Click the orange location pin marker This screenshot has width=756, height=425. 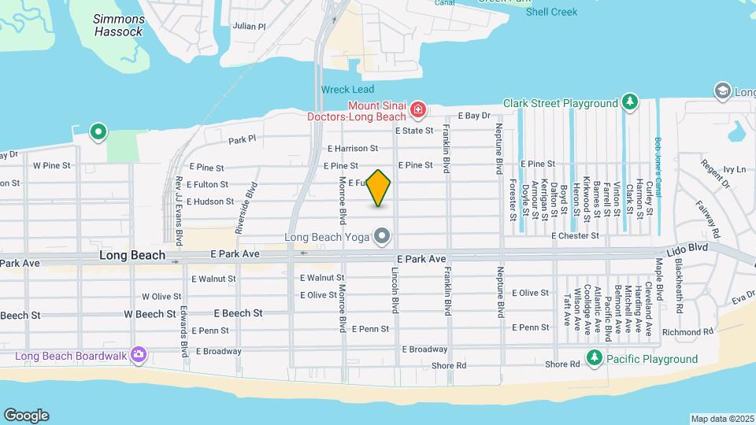click(379, 187)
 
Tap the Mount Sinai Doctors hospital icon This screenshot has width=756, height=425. click(418, 108)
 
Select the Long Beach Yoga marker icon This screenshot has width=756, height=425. click(383, 236)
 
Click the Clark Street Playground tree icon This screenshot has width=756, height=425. click(629, 102)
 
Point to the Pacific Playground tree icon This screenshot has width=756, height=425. click(595, 359)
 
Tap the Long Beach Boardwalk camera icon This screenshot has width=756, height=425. click(139, 355)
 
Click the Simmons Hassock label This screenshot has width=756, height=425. click(119, 25)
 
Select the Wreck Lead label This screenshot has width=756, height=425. click(347, 90)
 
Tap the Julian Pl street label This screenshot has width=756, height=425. click(250, 26)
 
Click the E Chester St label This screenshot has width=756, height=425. click(575, 235)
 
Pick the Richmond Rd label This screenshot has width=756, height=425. click(687, 333)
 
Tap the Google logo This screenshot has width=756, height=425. click(26, 415)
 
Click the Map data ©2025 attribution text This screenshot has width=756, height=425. click(722, 418)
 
